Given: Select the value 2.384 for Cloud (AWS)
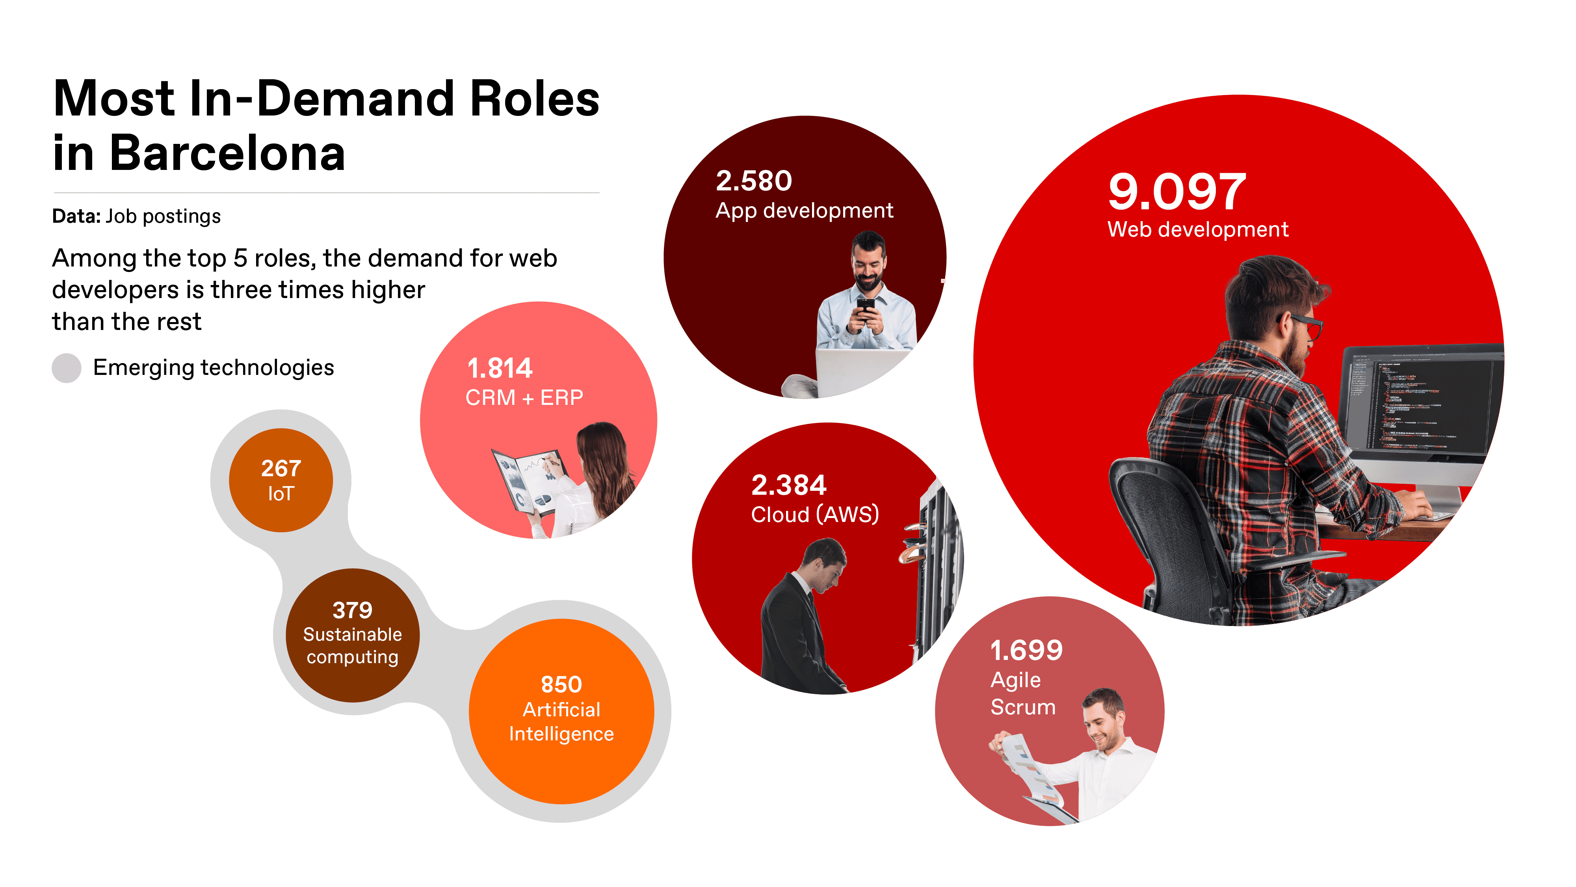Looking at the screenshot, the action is click(789, 485).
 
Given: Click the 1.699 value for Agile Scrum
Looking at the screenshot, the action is click(1026, 650).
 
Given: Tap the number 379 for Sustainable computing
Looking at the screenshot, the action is click(352, 610).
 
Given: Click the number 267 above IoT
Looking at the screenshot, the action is click(281, 468).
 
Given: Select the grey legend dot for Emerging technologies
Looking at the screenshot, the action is click(67, 368).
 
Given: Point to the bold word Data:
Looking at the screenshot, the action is click(76, 216).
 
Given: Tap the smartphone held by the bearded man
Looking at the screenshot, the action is click(865, 308).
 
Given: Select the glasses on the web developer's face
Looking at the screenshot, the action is click(1306, 324).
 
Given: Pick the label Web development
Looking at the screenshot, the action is click(1198, 229).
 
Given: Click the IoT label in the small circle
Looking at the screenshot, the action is click(281, 494).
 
